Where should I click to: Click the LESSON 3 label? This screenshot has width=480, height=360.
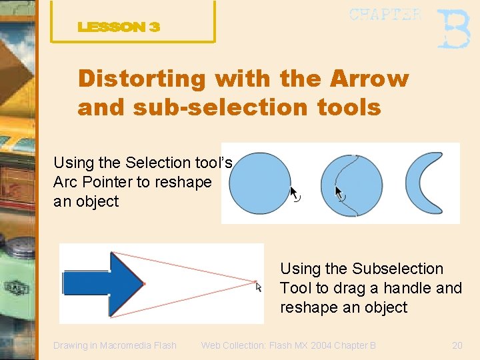[x=119, y=27]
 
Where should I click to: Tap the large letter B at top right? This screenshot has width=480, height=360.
[x=453, y=29]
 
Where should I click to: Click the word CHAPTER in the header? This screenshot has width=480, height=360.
[x=385, y=15]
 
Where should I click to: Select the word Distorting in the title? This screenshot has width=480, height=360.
[x=142, y=79]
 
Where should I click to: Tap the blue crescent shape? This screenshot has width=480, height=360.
[x=427, y=183]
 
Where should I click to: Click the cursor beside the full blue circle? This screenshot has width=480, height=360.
[x=294, y=193]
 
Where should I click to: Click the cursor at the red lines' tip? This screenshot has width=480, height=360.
[x=259, y=287]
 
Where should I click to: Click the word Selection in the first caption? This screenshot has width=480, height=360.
[x=158, y=163]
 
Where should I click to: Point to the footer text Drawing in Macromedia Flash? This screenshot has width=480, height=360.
[x=115, y=345]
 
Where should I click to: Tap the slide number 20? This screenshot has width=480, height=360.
[x=457, y=345]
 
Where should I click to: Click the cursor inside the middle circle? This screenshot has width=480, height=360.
[x=339, y=193]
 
